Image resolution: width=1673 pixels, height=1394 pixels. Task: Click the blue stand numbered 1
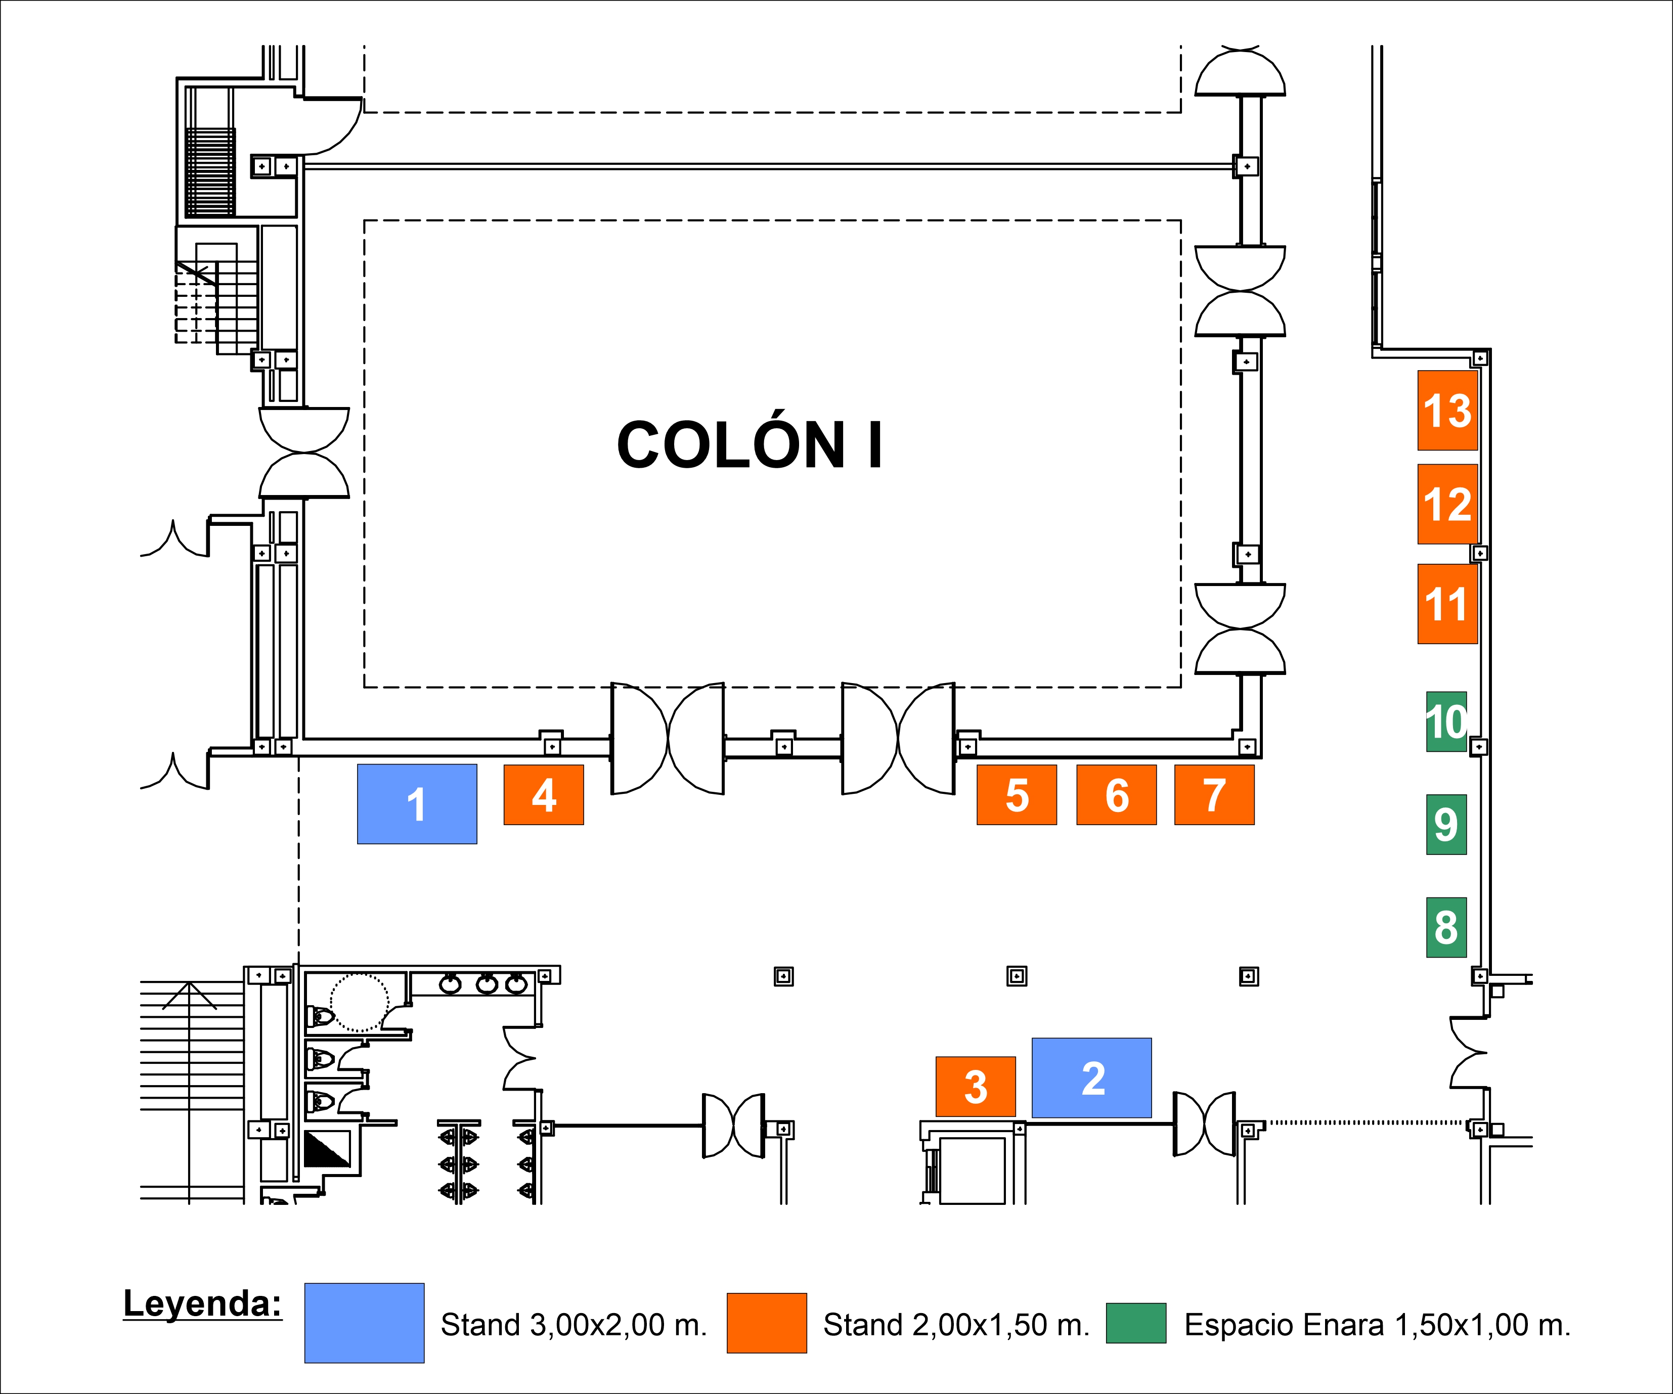coord(417,804)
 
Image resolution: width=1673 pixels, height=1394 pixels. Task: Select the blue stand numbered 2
coord(1091,1078)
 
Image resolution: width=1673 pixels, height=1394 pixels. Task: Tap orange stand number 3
coord(975,1087)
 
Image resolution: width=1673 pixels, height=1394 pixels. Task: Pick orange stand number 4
coord(543,795)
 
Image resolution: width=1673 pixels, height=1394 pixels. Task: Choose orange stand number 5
coord(1017,795)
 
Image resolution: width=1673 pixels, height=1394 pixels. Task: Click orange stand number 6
coord(1116,795)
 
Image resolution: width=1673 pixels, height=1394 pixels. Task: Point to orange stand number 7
coord(1214,795)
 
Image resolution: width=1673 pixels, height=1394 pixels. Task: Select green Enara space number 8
coord(1446,927)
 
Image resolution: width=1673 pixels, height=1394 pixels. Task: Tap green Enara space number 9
coord(1446,825)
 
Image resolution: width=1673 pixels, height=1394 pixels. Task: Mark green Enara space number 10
coord(1446,722)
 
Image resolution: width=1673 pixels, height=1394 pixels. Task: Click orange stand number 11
coord(1447,604)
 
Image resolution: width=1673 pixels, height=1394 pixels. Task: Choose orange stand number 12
coord(1447,504)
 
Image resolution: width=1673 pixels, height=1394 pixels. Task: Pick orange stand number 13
coord(1447,410)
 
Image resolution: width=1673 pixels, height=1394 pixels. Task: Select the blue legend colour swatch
coord(364,1323)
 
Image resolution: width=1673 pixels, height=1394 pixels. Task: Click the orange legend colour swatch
coord(766,1323)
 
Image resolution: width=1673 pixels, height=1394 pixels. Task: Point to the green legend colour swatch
coord(1136,1323)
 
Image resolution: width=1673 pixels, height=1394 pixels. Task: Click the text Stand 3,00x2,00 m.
coord(574,1325)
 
